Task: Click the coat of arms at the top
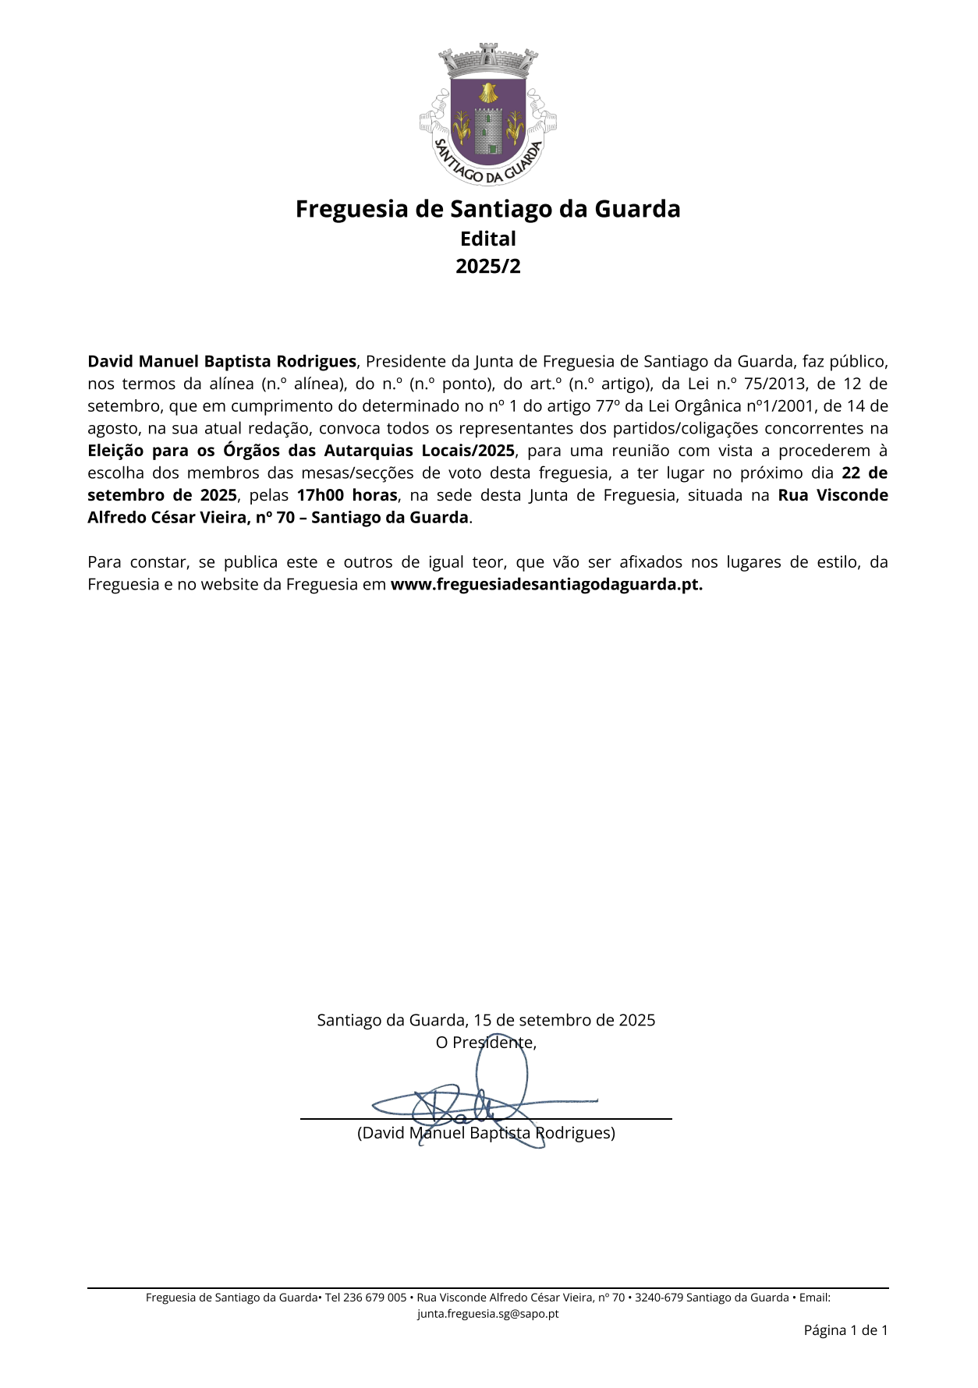(x=488, y=115)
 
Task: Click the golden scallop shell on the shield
(x=488, y=93)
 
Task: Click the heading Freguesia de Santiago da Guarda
(x=488, y=209)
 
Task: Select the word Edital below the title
(x=488, y=239)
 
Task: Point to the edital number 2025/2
(x=488, y=266)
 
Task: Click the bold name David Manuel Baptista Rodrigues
(x=221, y=361)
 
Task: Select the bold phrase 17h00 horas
(x=347, y=495)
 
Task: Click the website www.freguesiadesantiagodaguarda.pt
(x=546, y=585)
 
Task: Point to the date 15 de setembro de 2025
(x=564, y=1020)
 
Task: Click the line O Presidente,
(x=486, y=1043)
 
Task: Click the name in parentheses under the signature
(x=486, y=1133)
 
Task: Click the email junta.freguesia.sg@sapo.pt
(x=488, y=1314)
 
